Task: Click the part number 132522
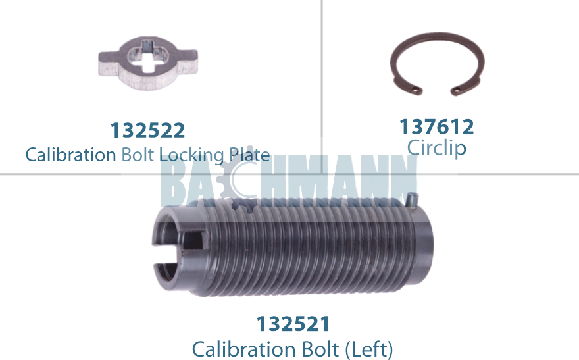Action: [x=147, y=130]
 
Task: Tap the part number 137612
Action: [x=437, y=126]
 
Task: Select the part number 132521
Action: [x=292, y=324]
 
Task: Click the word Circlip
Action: [x=437, y=147]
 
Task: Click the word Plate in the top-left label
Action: [x=249, y=155]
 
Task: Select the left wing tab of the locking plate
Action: [x=107, y=64]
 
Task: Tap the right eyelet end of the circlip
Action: [x=455, y=88]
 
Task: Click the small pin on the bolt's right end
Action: [x=413, y=196]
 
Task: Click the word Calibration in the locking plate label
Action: [x=70, y=155]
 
